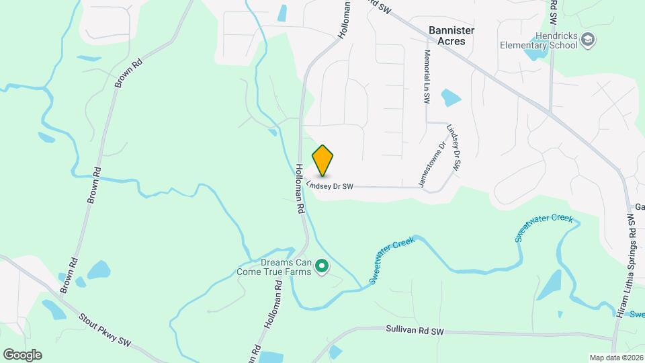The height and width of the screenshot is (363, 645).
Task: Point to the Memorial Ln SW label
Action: [x=427, y=76]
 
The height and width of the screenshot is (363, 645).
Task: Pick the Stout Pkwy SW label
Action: [x=105, y=329]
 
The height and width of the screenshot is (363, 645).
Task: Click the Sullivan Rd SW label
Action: [x=415, y=331]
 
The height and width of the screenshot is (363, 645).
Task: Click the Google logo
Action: [x=21, y=354]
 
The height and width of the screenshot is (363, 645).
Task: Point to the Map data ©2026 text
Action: [x=615, y=358]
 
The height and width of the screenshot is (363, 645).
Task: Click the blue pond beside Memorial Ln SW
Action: [x=450, y=98]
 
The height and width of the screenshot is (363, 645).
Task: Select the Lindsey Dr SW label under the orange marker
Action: [x=330, y=184]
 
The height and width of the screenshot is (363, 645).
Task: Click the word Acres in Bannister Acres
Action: [x=451, y=41]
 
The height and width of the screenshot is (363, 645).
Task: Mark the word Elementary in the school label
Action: [x=523, y=45]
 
